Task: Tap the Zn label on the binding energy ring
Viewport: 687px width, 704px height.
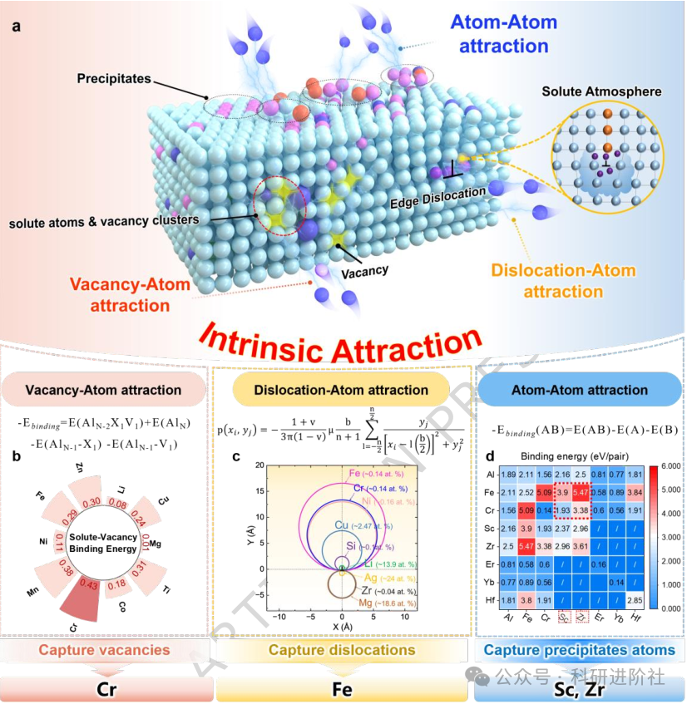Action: [x=79, y=467]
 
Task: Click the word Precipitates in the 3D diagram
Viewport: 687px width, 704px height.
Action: [x=114, y=78]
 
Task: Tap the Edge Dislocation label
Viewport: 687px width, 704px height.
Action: [x=437, y=194]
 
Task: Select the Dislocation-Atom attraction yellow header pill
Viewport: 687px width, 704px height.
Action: [x=341, y=389]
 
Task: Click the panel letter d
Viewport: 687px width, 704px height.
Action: [x=491, y=455]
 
